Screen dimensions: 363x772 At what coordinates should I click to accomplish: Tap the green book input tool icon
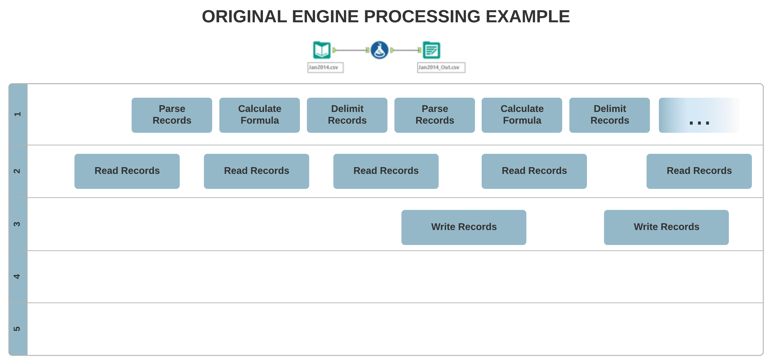coord(322,50)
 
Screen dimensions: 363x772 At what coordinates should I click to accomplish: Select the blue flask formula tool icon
coord(379,50)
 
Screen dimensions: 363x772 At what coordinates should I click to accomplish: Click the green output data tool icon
coord(431,50)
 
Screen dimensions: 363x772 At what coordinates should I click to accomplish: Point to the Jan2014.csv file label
coord(325,67)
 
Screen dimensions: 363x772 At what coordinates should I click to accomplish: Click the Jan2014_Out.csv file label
coord(441,67)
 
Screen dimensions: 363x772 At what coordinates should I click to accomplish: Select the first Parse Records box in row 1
coord(172,115)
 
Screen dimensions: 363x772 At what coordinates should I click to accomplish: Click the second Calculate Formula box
coord(522,115)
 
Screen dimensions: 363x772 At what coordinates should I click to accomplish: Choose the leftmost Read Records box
coord(127,171)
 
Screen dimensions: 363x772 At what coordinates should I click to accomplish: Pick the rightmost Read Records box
coord(699,171)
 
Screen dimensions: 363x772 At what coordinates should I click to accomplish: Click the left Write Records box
coord(464,227)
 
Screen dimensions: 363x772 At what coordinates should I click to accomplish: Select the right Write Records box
coord(666,227)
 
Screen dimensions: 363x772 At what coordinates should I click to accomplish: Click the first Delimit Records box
coord(347,115)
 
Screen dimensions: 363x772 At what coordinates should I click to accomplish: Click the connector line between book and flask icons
coord(351,50)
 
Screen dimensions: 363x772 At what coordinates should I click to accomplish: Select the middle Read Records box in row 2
coord(386,171)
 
